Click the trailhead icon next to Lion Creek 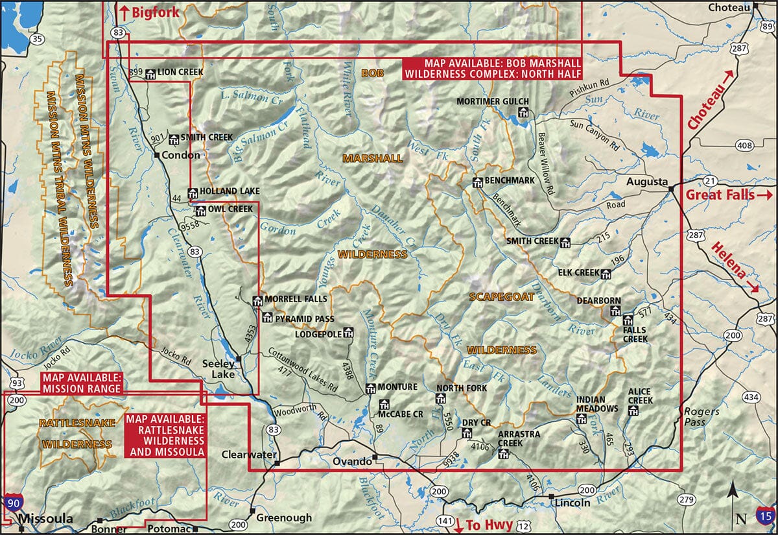150,73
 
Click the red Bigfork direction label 147,11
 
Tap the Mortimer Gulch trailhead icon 523,113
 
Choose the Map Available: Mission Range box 81,384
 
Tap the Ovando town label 352,461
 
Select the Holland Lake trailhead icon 192,193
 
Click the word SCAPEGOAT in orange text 501,296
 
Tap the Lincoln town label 571,503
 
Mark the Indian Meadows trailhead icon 582,418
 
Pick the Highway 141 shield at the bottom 445,520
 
